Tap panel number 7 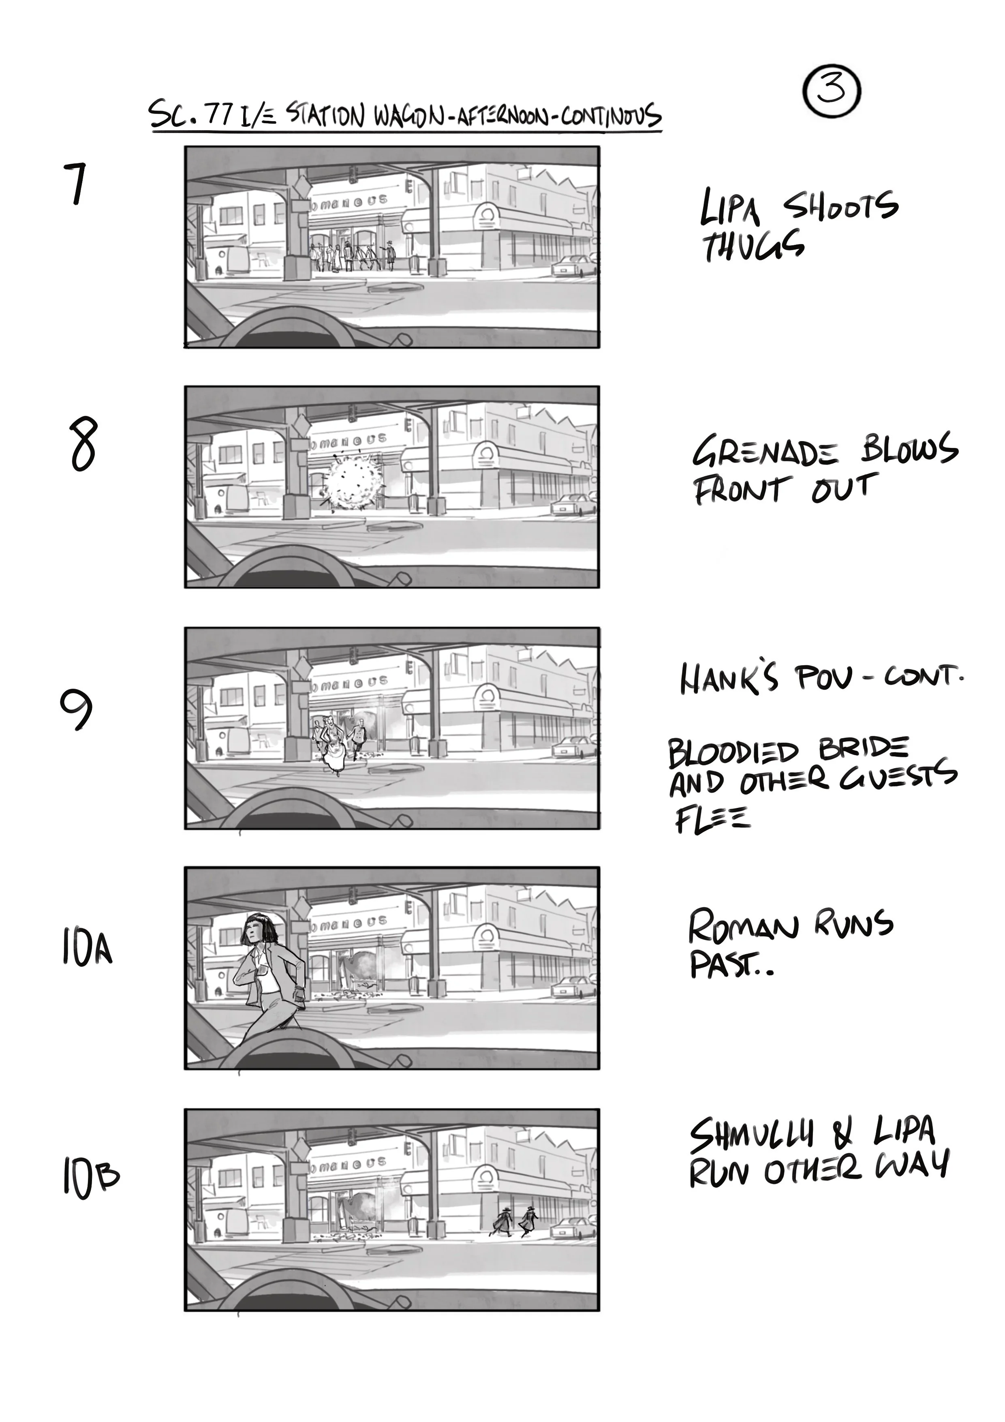[76, 184]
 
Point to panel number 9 [77, 711]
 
